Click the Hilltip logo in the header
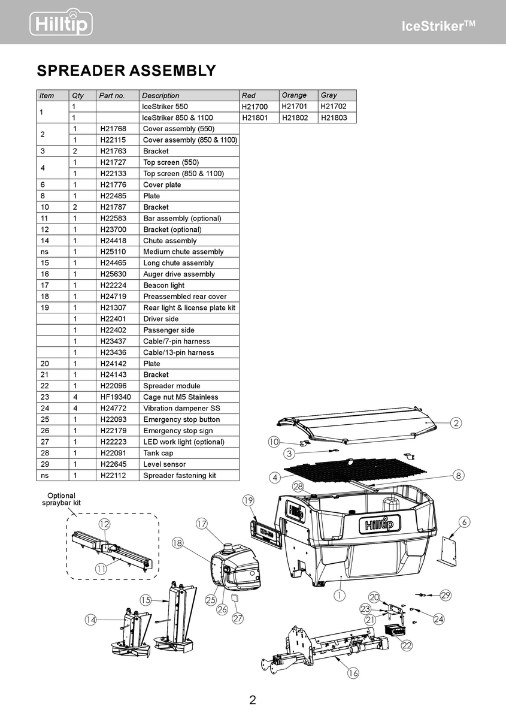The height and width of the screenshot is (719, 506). [x=61, y=23]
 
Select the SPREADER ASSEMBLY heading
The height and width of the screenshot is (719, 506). [x=126, y=71]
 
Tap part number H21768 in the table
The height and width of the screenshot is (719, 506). [x=112, y=129]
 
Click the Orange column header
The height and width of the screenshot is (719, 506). [x=294, y=95]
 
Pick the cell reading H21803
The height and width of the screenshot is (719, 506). [x=334, y=118]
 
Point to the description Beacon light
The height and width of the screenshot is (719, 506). [x=164, y=285]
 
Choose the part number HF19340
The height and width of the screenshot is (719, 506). [x=115, y=397]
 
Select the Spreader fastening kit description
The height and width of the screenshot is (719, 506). [x=180, y=476]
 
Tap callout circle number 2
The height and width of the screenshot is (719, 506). [x=456, y=424]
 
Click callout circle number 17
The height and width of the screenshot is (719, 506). [x=202, y=524]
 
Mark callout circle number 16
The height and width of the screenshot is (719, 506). [x=353, y=673]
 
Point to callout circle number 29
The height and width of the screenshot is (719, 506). [x=446, y=595]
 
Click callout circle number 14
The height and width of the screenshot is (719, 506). [x=90, y=621]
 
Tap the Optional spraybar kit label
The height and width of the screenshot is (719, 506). [x=61, y=500]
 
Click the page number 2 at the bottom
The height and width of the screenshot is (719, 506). [x=253, y=700]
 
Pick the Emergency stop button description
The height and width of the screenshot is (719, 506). [x=181, y=419]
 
